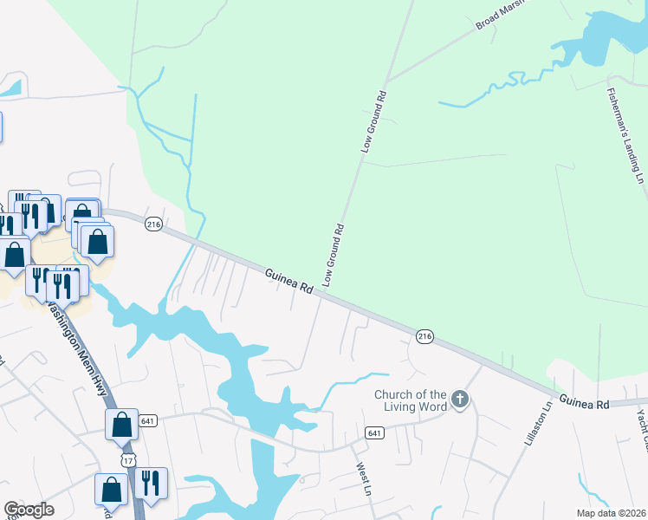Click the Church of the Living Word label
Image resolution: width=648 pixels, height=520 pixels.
411,400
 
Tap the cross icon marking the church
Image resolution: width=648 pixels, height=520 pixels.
460,400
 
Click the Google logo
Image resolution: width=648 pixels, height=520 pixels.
29,510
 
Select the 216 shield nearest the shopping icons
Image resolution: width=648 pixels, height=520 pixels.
153,224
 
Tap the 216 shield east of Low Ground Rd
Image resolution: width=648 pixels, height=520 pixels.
424,335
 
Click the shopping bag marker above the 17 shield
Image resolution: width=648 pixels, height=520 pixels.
122,424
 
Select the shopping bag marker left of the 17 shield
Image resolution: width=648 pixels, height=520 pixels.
112,489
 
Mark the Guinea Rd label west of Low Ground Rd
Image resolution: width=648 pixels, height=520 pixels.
288,283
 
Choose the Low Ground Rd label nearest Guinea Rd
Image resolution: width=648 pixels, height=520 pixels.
334,255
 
